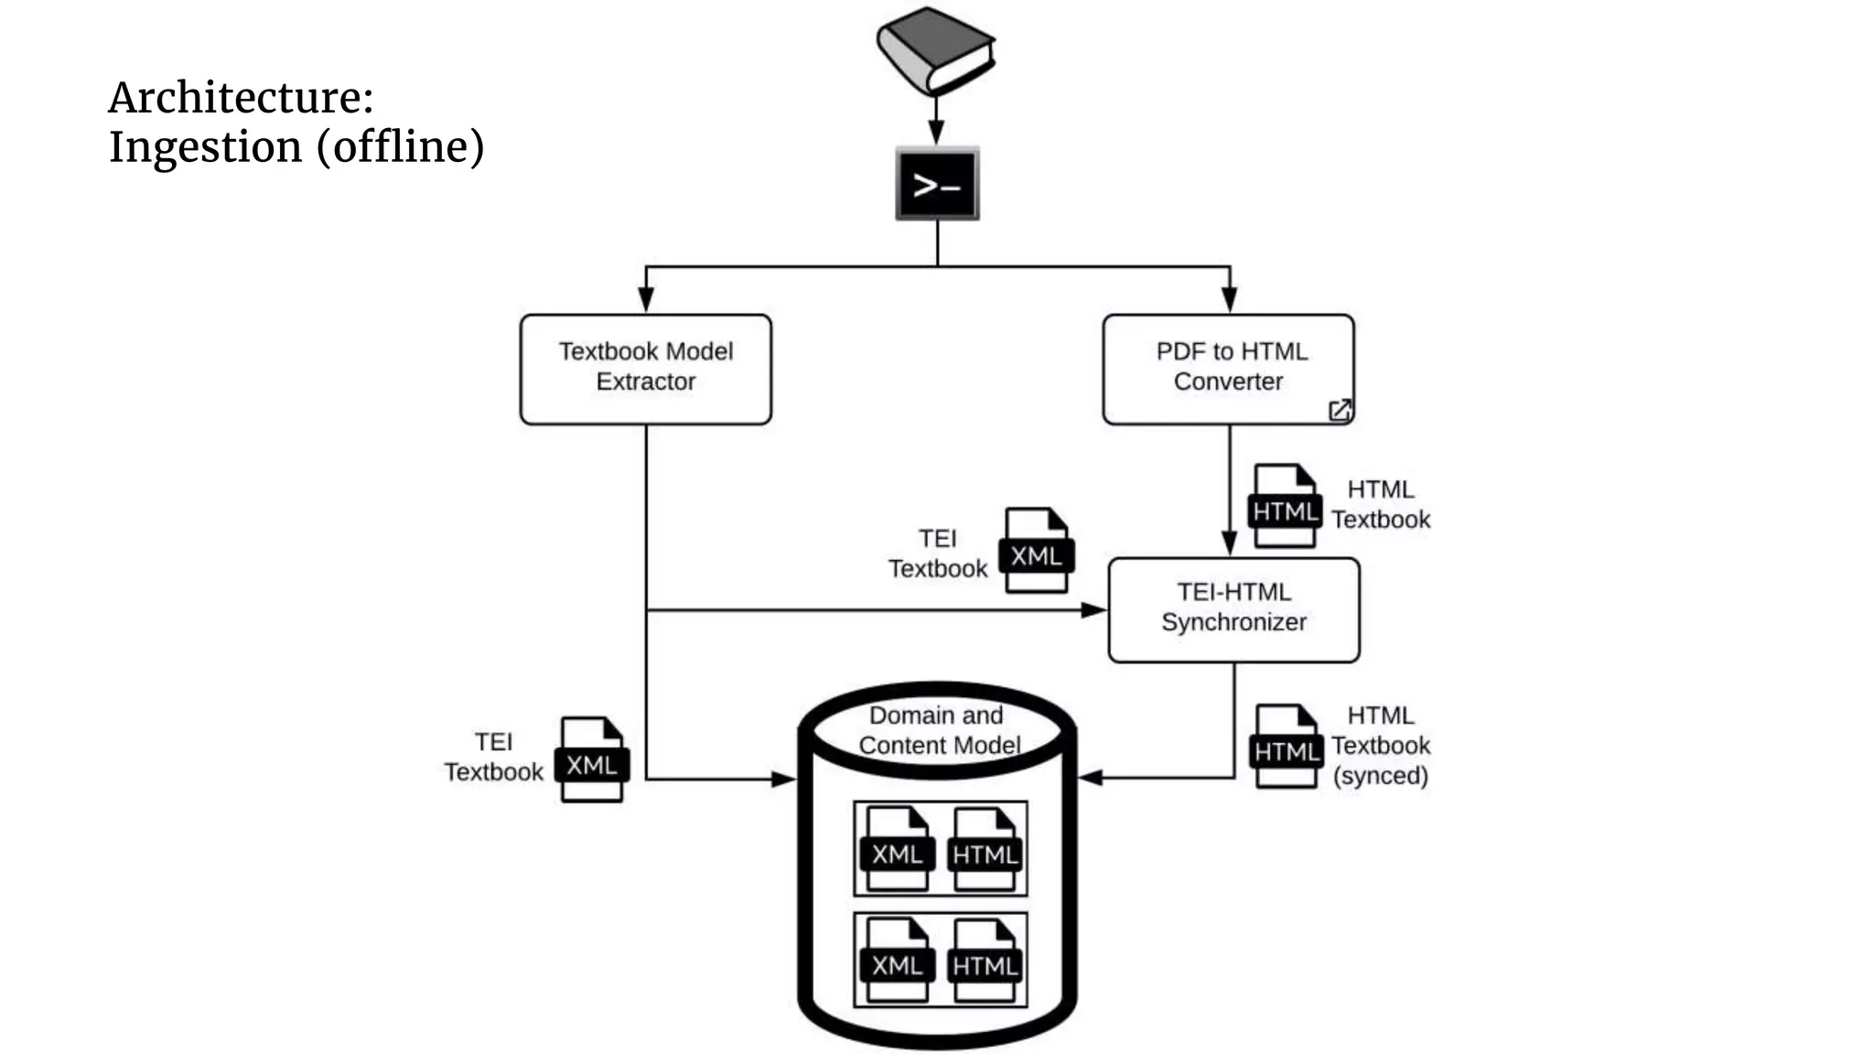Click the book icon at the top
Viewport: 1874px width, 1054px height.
pos(935,51)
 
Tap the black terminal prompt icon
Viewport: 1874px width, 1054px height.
pos(937,184)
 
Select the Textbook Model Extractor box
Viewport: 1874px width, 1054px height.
pos(645,369)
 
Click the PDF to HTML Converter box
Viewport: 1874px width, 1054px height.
pos(1228,369)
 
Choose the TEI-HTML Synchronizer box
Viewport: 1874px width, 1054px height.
pos(1233,609)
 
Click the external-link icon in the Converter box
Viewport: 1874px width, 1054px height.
pos(1340,410)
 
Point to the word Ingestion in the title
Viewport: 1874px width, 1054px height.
pos(205,147)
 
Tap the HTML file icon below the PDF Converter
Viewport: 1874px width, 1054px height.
pos(1285,507)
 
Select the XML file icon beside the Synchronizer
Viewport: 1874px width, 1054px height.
pos(1036,551)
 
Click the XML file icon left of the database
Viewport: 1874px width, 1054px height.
pos(592,759)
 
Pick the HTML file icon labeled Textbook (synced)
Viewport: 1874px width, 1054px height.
pos(1286,747)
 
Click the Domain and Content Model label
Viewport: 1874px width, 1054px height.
pos(937,730)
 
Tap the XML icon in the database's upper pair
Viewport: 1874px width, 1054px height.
pos(897,849)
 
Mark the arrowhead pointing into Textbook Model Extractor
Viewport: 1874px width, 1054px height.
pos(646,299)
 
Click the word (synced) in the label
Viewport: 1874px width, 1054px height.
pos(1380,776)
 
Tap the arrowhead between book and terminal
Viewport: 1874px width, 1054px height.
pos(936,133)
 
